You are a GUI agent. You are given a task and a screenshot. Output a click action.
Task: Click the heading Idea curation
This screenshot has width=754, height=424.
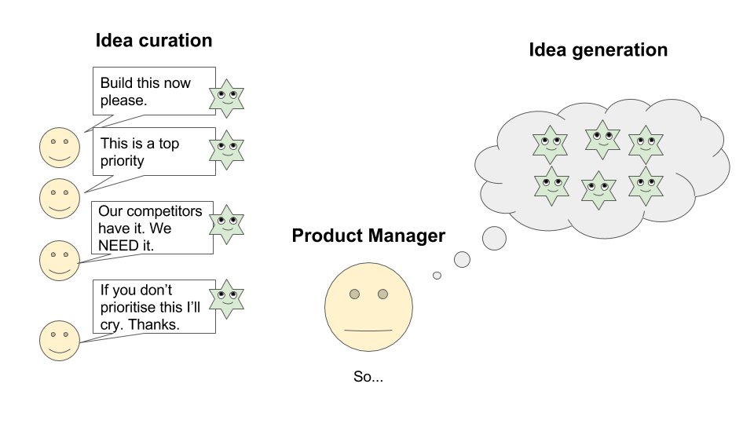tap(154, 41)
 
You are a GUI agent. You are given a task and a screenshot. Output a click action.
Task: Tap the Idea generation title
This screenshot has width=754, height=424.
tap(598, 50)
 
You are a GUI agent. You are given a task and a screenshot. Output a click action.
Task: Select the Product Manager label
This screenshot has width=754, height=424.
tap(368, 236)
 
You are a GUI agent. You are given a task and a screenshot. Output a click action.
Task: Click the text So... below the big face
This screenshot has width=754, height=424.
tap(368, 377)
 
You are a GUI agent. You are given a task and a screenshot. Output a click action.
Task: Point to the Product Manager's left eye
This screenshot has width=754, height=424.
tap(354, 294)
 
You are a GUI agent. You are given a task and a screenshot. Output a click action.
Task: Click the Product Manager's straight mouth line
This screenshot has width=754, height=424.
tap(368, 331)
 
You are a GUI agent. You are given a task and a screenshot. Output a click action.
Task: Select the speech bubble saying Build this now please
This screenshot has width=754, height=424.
tap(154, 92)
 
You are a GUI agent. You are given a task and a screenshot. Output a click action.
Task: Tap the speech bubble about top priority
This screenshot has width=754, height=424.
tap(154, 151)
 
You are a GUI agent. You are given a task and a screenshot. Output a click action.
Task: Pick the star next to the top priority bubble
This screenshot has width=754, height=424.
tap(226, 149)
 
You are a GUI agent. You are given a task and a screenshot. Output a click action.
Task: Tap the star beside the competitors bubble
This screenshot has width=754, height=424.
tap(226, 224)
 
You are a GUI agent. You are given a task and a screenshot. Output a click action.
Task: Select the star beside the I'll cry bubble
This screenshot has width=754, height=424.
tap(226, 298)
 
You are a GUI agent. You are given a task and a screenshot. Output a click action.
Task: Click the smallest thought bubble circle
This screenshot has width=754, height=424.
tap(437, 276)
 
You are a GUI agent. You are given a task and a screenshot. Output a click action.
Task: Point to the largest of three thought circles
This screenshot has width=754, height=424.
tap(494, 238)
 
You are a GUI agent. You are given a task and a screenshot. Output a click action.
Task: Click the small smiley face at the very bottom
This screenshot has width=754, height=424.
tap(60, 339)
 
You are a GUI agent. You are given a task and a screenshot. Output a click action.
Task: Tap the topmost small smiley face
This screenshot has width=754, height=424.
tap(60, 148)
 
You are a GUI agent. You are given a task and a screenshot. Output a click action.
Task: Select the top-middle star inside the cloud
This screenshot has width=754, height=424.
tap(601, 139)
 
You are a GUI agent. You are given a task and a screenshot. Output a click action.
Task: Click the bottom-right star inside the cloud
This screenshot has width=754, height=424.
tap(646, 186)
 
